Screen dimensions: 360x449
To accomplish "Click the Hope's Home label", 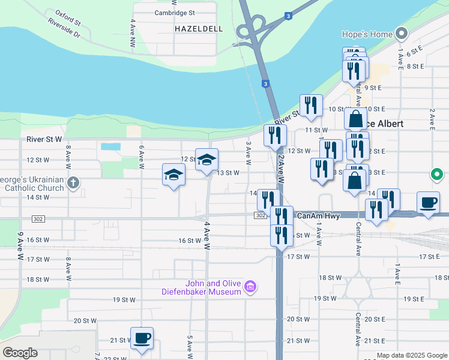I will point(366,34).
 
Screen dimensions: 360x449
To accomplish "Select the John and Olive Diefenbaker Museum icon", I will point(250,288).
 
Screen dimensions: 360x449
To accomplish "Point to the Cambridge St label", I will point(175,12).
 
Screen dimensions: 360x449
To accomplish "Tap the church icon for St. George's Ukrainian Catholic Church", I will point(73,182).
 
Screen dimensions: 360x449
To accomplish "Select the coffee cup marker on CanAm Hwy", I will point(428,203).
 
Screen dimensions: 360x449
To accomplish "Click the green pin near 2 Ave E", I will point(436,175).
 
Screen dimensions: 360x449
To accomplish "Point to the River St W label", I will point(44,140).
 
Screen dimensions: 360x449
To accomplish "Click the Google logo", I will point(20,352).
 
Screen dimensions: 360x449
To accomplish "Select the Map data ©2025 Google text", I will point(411,356).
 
